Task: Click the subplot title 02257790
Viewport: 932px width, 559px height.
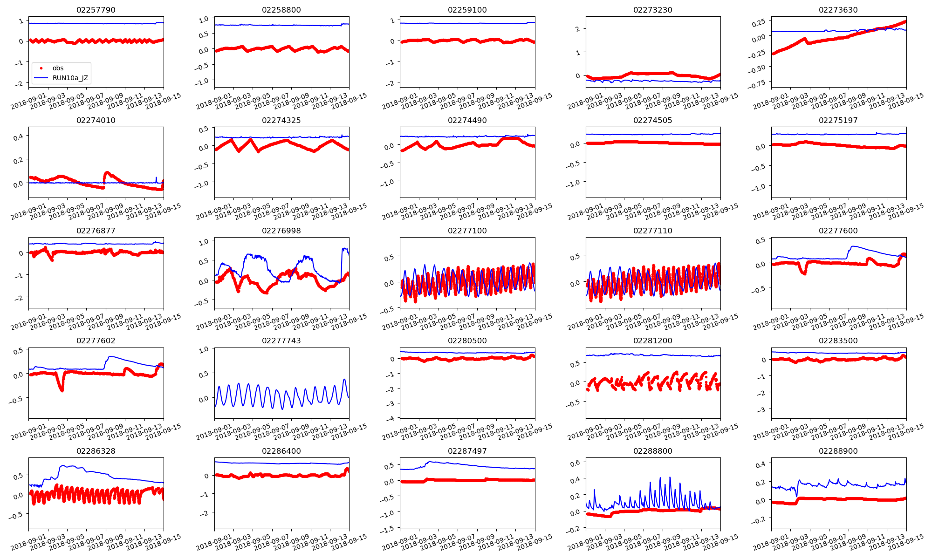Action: (x=96, y=10)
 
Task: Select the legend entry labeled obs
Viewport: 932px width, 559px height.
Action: (x=58, y=68)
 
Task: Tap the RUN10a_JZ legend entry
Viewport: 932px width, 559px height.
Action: (x=70, y=78)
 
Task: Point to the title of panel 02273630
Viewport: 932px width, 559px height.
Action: (x=838, y=10)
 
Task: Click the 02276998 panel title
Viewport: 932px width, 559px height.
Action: (x=281, y=231)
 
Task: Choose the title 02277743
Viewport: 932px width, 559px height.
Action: (x=281, y=341)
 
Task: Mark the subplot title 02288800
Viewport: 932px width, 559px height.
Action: (x=652, y=451)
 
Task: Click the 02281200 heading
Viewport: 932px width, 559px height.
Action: (x=652, y=341)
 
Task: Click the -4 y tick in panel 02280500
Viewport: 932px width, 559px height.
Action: (x=391, y=418)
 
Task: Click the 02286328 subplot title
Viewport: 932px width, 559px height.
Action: (x=96, y=451)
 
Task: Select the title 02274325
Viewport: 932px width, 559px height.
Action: (x=281, y=120)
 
